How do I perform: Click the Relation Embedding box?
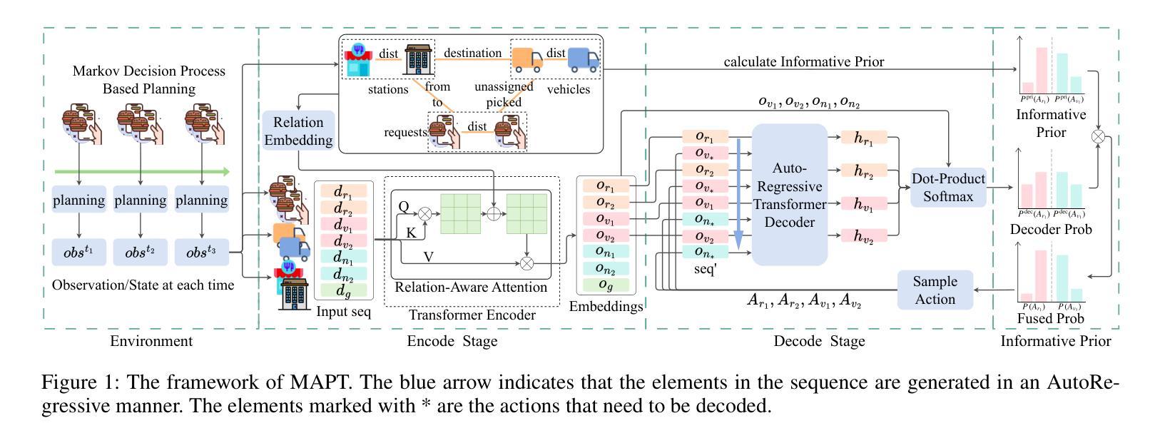coord(298,131)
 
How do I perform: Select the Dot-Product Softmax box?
coord(948,188)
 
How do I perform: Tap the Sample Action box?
coord(935,290)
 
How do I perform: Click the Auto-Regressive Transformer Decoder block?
coord(789,195)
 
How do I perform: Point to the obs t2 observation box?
coord(140,253)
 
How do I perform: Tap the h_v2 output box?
coord(863,236)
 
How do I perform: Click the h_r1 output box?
coord(863,138)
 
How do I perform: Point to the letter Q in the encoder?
coord(404,207)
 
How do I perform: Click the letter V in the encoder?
coord(428,256)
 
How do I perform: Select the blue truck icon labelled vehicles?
coord(584,60)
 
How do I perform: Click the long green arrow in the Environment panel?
coord(143,172)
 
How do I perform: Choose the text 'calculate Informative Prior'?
coord(803,62)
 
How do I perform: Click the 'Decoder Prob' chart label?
coord(1050,230)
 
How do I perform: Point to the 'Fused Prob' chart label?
coord(1050,318)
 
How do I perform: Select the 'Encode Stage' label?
coord(452,341)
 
